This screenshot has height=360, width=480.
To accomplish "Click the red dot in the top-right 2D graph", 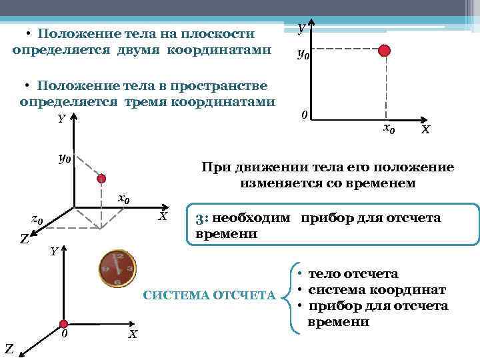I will tap(384, 51).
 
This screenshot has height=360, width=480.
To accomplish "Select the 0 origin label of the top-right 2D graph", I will tap(303, 115).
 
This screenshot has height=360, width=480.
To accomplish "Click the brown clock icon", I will tap(117, 268).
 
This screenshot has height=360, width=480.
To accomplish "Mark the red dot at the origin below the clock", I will tap(65, 319).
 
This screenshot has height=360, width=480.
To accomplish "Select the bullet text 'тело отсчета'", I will tap(353, 273).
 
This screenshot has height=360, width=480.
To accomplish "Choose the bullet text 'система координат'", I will tap(377, 289).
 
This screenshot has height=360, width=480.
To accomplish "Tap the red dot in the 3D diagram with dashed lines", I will tap(102, 178).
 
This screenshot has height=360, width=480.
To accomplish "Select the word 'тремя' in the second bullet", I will tap(145, 102).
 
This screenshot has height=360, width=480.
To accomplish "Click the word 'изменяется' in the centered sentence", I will tap(277, 182).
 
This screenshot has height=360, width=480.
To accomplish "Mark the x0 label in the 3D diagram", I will tap(123, 199).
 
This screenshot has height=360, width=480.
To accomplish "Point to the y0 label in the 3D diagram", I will tap(65, 159).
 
